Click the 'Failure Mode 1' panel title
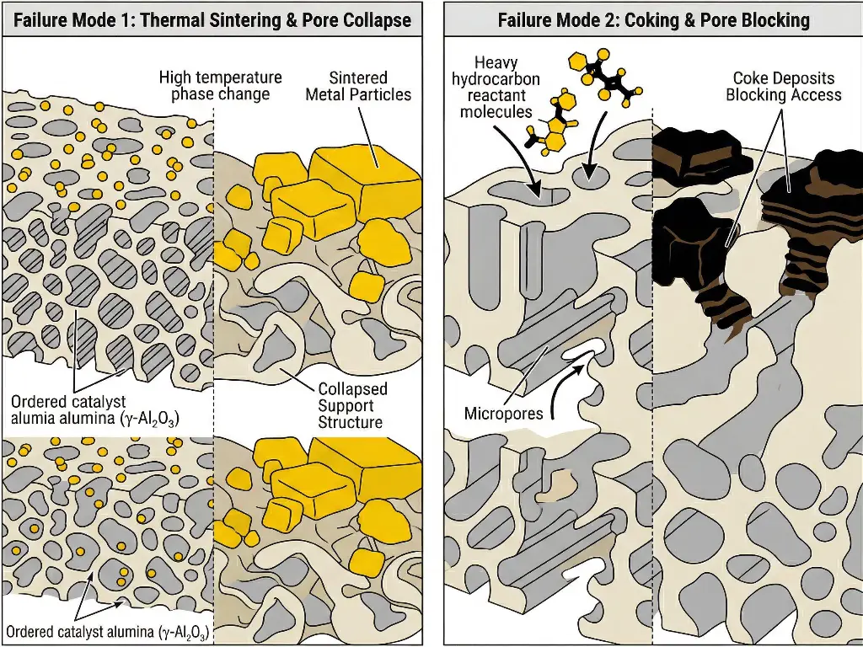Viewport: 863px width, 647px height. coord(212,19)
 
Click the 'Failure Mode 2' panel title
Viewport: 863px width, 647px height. coord(653,19)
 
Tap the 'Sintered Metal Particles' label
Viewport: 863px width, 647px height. coord(358,86)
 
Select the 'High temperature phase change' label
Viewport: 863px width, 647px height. coord(221,86)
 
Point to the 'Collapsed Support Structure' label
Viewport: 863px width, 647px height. coord(352,405)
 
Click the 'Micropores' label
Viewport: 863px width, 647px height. coord(503,414)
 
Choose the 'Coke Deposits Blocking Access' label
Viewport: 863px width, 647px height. coord(783,88)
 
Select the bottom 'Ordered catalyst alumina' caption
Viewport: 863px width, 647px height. coord(107,633)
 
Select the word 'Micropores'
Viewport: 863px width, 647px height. coord(503,414)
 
